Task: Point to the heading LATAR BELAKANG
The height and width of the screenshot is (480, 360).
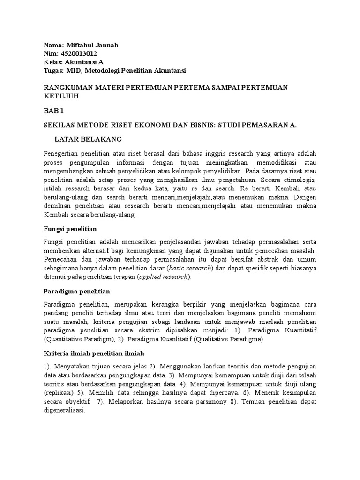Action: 88,139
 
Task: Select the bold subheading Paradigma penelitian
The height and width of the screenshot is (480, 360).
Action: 76,292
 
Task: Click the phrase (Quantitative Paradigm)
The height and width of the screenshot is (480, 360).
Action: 80,339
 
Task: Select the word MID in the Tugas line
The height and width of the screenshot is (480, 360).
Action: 71,70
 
